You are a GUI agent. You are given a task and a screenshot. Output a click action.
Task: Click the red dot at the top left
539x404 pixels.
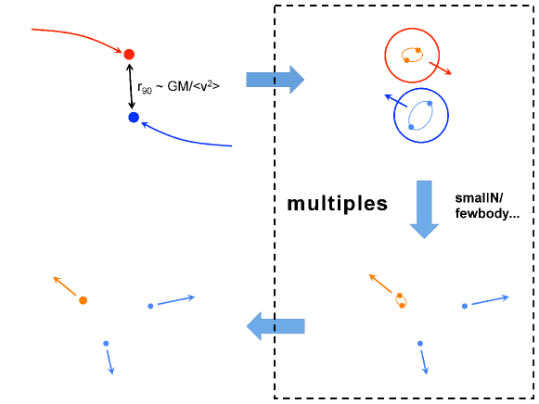(129, 54)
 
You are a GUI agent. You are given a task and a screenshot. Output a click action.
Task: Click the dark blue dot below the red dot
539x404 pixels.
(134, 118)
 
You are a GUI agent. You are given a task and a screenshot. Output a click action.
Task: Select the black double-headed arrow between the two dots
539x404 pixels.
(131, 86)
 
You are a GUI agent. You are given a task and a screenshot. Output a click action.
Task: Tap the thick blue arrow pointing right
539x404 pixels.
(275, 80)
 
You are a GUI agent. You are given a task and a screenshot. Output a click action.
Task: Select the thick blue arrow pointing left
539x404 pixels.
(275, 324)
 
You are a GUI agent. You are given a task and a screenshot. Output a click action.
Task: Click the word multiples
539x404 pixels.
(338, 204)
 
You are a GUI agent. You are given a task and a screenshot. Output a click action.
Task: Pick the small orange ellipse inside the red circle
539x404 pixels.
(412, 56)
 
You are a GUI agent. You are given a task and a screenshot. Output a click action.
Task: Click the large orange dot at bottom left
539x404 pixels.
(83, 300)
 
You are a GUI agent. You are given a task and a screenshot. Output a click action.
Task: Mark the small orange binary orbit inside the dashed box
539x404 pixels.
(401, 300)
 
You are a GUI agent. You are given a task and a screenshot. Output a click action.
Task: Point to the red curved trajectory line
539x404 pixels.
(74, 35)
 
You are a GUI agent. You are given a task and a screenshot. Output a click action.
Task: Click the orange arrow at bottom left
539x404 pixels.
(66, 286)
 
